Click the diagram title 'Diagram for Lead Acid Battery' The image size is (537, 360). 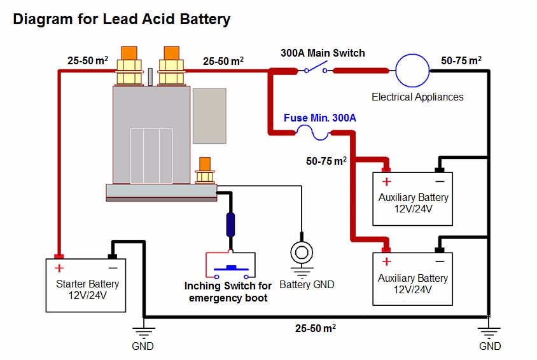tap(122, 20)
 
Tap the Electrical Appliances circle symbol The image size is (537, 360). tap(413, 71)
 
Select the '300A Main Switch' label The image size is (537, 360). tap(323, 53)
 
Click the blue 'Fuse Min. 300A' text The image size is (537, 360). tap(319, 118)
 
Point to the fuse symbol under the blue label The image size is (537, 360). tap(312, 133)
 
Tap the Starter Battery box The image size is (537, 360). tap(87, 285)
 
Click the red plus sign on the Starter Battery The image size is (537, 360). tap(59, 268)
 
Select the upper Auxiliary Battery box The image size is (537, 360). tap(412, 199)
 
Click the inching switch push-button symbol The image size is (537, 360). tap(230, 267)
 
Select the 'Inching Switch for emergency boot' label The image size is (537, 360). tap(228, 292)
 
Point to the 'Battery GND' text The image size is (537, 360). tap(307, 284)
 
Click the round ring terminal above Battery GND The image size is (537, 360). tap(301, 253)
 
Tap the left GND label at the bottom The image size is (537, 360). tap(143, 346)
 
